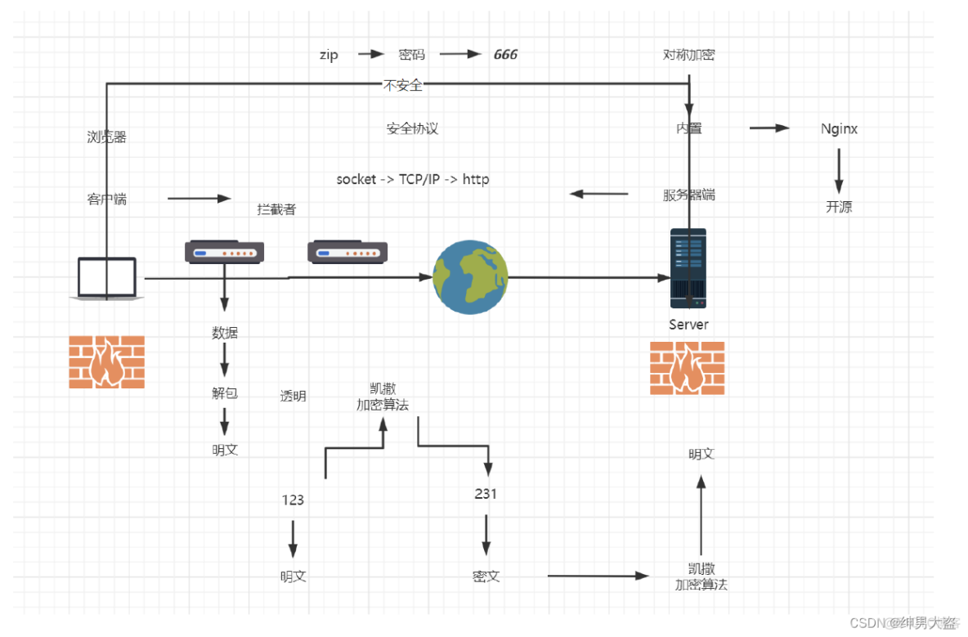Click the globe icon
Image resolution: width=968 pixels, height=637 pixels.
470,277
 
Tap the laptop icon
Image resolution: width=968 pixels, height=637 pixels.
107,278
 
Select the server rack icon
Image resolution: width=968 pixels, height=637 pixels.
688,267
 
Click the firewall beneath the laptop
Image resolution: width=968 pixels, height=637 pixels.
107,361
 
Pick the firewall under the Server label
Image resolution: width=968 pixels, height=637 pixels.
687,368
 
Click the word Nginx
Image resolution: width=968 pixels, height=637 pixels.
839,128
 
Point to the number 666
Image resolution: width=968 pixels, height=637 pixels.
505,55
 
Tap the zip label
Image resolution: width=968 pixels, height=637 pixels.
329,55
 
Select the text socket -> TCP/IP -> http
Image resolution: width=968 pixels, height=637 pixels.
413,179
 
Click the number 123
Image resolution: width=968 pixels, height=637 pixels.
293,500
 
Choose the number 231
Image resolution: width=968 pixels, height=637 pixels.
486,493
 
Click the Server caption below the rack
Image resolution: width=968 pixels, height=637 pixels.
688,325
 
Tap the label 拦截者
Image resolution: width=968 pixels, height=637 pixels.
276,209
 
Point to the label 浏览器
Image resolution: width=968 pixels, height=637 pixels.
107,137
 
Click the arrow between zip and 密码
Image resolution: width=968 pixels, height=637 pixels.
371,54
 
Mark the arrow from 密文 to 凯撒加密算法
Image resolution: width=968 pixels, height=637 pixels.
598,576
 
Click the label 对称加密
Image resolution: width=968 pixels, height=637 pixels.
689,55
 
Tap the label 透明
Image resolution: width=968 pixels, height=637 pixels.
293,396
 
